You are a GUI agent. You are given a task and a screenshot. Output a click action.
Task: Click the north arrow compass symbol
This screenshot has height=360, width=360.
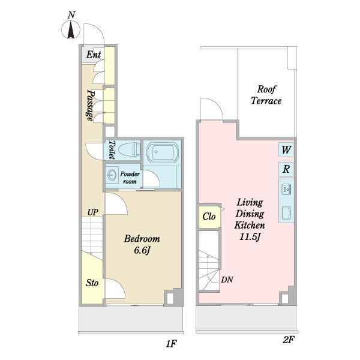pyautogui.click(x=71, y=29)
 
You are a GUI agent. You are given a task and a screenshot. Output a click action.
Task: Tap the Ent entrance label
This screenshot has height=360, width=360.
pyautogui.click(x=94, y=55)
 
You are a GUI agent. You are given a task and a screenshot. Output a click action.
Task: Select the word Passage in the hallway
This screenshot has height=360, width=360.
pyautogui.click(x=91, y=105)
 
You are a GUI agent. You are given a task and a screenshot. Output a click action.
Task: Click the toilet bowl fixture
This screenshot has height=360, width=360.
pyautogui.click(x=128, y=149)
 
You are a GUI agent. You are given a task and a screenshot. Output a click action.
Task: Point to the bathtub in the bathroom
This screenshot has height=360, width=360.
pyautogui.click(x=163, y=152)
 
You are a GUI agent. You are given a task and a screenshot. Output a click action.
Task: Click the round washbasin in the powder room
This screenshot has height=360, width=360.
pyautogui.click(x=112, y=175)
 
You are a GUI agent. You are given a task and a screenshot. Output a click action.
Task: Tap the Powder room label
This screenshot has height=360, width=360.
pyautogui.click(x=130, y=178)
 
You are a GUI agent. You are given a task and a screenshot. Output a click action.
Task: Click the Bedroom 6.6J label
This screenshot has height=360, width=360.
pyautogui.click(x=142, y=245)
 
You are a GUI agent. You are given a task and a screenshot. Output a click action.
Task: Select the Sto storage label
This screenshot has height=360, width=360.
pyautogui.click(x=92, y=283)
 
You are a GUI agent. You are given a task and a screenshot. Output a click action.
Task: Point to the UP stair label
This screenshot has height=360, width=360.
pyautogui.click(x=93, y=212)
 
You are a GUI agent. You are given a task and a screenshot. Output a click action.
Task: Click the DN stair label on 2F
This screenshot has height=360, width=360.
pyautogui.click(x=227, y=280)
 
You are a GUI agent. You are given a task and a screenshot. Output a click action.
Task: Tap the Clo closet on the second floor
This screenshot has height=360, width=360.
pyautogui.click(x=209, y=217)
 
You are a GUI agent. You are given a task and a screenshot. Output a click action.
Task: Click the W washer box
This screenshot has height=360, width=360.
pyautogui.click(x=286, y=150)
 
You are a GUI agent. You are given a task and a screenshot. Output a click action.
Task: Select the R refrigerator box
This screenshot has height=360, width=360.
pyautogui.click(x=286, y=169)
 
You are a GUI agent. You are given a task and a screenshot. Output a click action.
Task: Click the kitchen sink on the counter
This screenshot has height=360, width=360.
pyautogui.click(x=286, y=189)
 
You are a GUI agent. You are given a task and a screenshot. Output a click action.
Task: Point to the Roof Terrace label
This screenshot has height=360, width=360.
pyautogui.click(x=266, y=95)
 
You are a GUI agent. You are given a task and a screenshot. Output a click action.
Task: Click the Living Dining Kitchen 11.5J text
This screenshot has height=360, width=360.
pyautogui.click(x=250, y=220)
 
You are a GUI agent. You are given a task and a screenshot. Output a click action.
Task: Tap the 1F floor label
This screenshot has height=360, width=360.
pyautogui.click(x=171, y=344)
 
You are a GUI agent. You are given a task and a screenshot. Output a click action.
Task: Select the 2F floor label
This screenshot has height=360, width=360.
pyautogui.click(x=288, y=340)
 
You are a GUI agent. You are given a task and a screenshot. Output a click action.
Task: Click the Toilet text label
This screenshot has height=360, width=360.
pyautogui.click(x=112, y=150)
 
